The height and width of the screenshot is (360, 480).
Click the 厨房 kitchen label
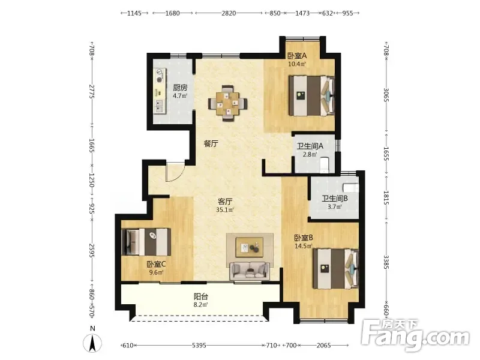180,88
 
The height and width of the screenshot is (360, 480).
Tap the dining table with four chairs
227,103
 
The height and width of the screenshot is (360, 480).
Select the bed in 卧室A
311,96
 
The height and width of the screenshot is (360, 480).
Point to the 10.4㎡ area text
297,64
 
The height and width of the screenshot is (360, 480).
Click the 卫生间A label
310,146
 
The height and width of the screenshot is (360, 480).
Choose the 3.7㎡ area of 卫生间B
335,206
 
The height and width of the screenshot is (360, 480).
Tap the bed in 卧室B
336,268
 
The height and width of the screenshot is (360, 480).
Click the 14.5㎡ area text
304,246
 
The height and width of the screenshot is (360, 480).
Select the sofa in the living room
250,271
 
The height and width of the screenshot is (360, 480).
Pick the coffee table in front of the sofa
250,247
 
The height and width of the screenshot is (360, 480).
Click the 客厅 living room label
225,202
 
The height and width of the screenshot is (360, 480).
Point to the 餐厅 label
211,143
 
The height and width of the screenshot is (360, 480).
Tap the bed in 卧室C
146,242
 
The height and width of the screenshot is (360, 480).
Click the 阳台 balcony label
201,296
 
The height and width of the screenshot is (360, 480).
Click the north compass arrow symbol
93,343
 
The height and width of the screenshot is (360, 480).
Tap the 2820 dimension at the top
229,13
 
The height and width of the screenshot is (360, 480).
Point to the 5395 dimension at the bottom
199,346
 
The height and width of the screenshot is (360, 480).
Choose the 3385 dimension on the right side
386,262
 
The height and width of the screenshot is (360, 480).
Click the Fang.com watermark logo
415,335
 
